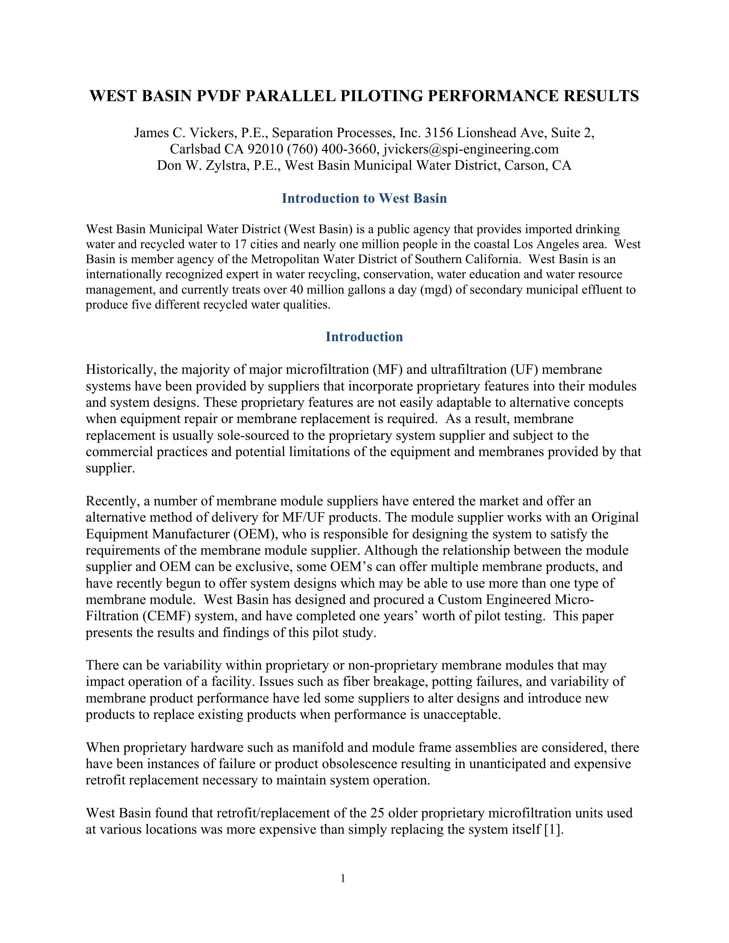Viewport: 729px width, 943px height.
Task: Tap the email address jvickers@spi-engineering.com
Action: click(x=470, y=150)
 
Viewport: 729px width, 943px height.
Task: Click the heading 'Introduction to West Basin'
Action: click(x=364, y=198)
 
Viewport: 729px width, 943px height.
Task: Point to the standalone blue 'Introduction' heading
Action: click(x=364, y=337)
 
